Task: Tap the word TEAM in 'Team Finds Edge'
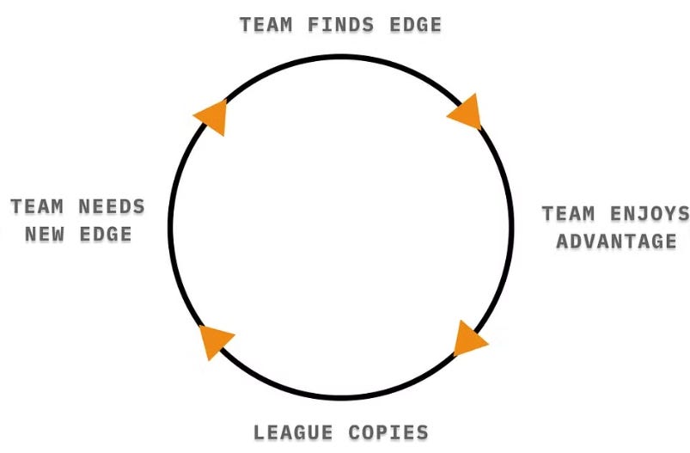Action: [266, 25]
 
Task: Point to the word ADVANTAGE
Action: [616, 242]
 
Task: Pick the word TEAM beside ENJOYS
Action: [570, 213]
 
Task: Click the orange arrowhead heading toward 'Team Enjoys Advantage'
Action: [466, 113]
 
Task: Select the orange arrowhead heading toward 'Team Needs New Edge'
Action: [215, 341]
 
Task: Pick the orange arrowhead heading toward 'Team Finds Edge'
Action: [211, 116]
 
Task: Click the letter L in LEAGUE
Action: [260, 432]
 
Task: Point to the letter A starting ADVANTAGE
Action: [563, 242]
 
